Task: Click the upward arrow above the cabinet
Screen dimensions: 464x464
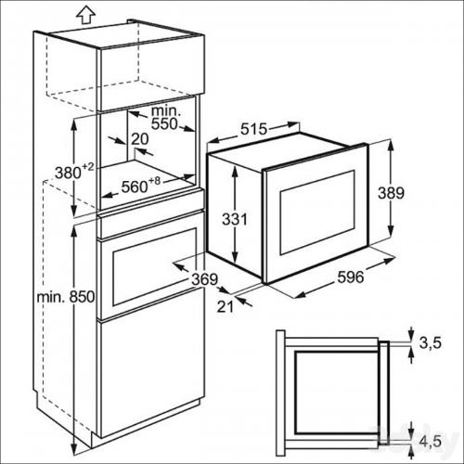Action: point(85,15)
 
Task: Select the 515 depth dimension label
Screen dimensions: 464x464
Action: point(253,129)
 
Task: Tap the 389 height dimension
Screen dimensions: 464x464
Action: point(391,193)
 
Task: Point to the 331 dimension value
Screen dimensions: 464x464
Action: point(235,219)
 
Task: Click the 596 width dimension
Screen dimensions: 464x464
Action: point(351,277)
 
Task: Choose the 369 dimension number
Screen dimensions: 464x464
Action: point(205,279)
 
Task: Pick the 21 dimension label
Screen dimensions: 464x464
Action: point(225,306)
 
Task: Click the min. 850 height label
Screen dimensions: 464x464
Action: point(66,297)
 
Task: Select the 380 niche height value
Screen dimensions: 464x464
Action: point(68,173)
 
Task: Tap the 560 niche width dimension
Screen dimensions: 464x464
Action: point(135,187)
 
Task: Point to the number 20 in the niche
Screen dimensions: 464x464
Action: point(140,139)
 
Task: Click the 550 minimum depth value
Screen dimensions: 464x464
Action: point(164,123)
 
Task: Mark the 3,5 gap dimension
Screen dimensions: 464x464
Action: point(430,342)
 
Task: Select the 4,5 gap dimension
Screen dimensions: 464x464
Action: point(430,441)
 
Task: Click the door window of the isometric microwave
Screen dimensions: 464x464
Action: point(317,213)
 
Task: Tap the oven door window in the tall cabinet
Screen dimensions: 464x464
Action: point(154,267)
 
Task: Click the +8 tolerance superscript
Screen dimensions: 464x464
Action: point(155,181)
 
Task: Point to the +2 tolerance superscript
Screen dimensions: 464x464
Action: point(88,167)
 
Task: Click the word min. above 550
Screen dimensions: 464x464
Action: point(166,110)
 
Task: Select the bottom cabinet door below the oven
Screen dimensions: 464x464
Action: point(151,379)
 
